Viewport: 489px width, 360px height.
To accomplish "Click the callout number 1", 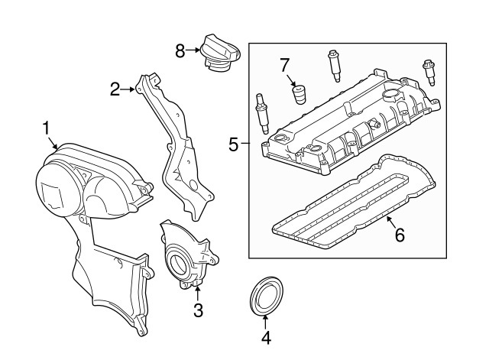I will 46,127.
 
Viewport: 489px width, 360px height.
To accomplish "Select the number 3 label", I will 197,310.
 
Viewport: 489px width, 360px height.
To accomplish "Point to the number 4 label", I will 265,338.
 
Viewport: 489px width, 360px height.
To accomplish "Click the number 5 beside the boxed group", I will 235,142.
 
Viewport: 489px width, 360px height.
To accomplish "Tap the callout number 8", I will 180,51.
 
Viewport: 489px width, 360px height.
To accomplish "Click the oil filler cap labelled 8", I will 220,53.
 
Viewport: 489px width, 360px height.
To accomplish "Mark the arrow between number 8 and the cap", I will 194,51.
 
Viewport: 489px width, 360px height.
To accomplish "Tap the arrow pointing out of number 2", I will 129,90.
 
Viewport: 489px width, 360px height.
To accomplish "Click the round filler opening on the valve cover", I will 390,96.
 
